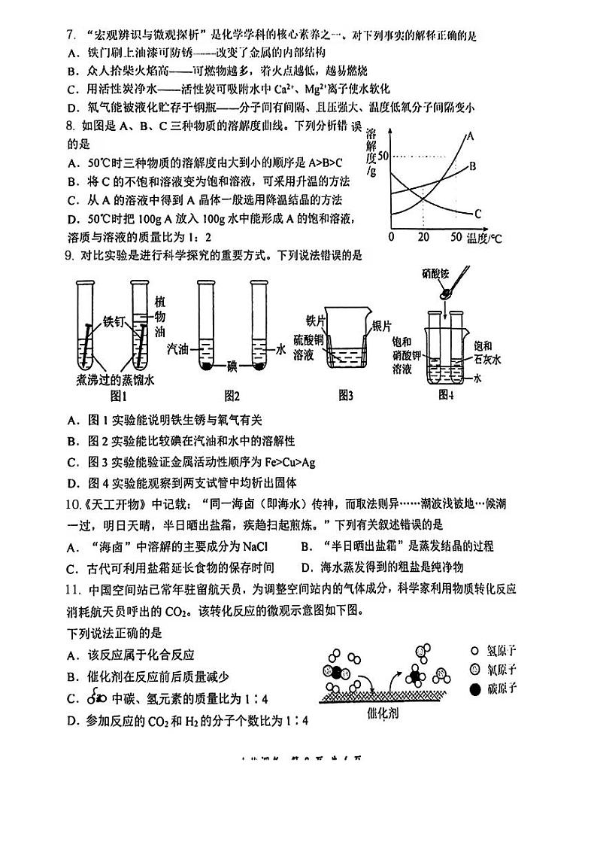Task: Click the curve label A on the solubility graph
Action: coord(471,137)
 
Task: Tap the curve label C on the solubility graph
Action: coord(478,214)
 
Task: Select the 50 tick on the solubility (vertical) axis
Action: coord(380,155)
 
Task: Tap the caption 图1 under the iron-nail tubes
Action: coord(120,395)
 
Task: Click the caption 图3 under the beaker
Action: coord(347,394)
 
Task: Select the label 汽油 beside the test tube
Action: coord(177,349)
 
